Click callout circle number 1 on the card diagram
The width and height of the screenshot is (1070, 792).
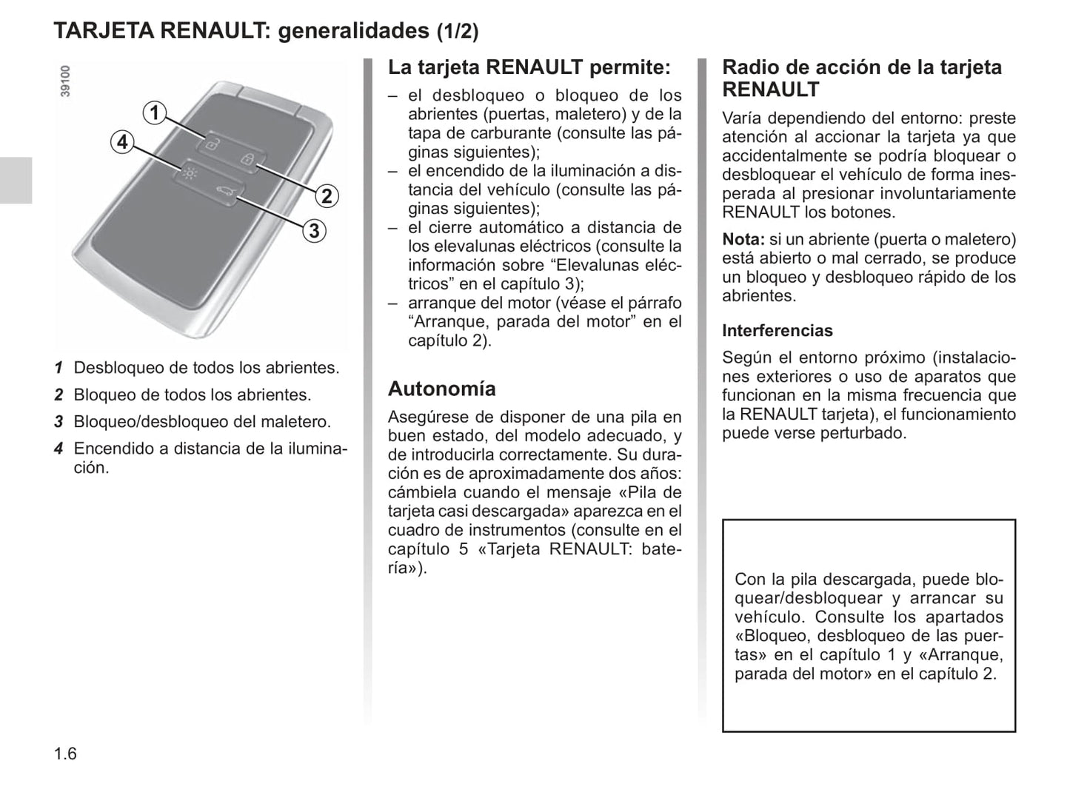point(154,113)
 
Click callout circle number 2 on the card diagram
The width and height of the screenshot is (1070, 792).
point(327,196)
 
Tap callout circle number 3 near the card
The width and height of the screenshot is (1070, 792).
point(314,231)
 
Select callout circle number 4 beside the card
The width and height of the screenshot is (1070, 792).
point(122,141)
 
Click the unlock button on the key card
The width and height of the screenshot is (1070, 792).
point(212,144)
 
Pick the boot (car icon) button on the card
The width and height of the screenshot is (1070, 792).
point(224,193)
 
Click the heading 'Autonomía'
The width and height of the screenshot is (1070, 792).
point(441,389)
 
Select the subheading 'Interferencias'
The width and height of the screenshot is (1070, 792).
point(777,331)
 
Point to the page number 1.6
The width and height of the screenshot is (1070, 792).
point(65,754)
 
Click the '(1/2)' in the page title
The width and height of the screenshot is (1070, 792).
point(457,31)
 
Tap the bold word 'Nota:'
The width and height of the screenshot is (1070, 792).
point(743,239)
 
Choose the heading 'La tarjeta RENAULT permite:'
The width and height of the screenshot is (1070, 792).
point(529,67)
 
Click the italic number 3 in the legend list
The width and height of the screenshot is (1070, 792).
point(58,422)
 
